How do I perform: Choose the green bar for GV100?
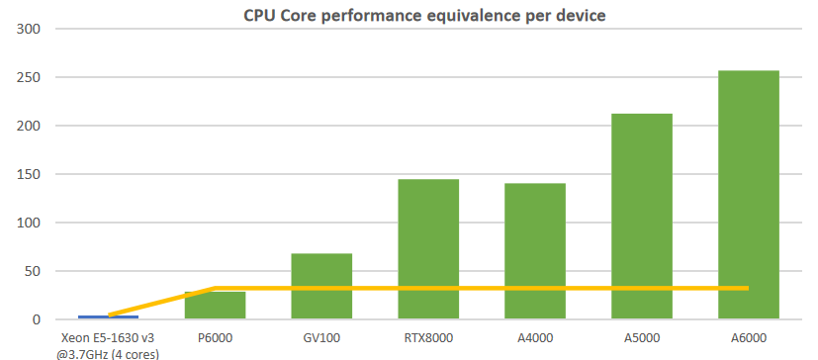(x=321, y=287)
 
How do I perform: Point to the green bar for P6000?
(x=215, y=306)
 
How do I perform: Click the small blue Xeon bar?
(x=108, y=317)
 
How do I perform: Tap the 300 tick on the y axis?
(x=28, y=29)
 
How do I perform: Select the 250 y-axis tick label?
(x=28, y=77)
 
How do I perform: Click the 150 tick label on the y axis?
(x=28, y=174)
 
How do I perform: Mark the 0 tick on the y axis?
(x=36, y=319)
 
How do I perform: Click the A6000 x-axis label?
(x=748, y=337)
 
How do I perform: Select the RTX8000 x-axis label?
(x=428, y=337)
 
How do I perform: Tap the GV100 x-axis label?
(x=321, y=337)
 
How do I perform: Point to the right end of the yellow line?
(x=748, y=288)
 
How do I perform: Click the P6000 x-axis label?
(x=215, y=337)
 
